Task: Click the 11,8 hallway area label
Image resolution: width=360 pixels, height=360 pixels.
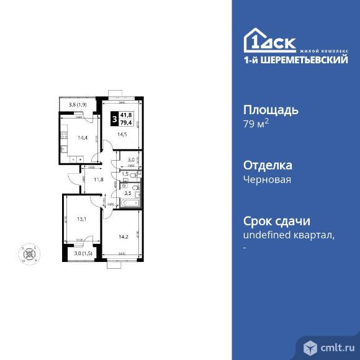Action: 98,181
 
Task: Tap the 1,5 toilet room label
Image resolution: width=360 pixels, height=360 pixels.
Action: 125,174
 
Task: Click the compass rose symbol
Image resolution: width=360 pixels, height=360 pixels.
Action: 29,253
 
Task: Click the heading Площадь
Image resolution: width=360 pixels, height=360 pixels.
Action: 271,110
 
